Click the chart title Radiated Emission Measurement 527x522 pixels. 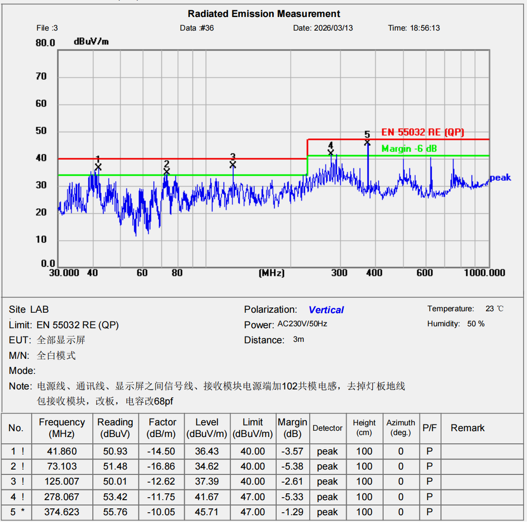[x=264, y=14]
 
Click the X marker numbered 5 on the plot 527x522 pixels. [x=368, y=142]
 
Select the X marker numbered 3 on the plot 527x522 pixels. [x=233, y=165]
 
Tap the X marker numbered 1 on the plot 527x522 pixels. [x=98, y=167]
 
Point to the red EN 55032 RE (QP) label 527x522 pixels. [x=422, y=132]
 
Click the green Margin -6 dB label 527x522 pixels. [x=409, y=149]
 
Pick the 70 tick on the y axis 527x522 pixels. [x=41, y=77]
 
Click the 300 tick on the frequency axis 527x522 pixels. [x=339, y=273]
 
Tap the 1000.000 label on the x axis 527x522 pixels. [x=484, y=273]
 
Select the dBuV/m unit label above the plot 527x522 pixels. [x=91, y=42]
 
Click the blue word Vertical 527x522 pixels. [x=326, y=310]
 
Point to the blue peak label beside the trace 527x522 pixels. [x=500, y=178]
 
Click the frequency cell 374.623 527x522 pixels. [x=62, y=512]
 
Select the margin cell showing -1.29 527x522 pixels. [x=292, y=512]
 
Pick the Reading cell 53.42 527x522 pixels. [x=115, y=497]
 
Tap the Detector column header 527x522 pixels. [x=328, y=428]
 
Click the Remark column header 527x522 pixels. [x=468, y=428]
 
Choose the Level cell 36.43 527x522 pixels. [x=207, y=451]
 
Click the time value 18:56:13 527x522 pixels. [x=425, y=28]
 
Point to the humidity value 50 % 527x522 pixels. [x=475, y=324]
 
